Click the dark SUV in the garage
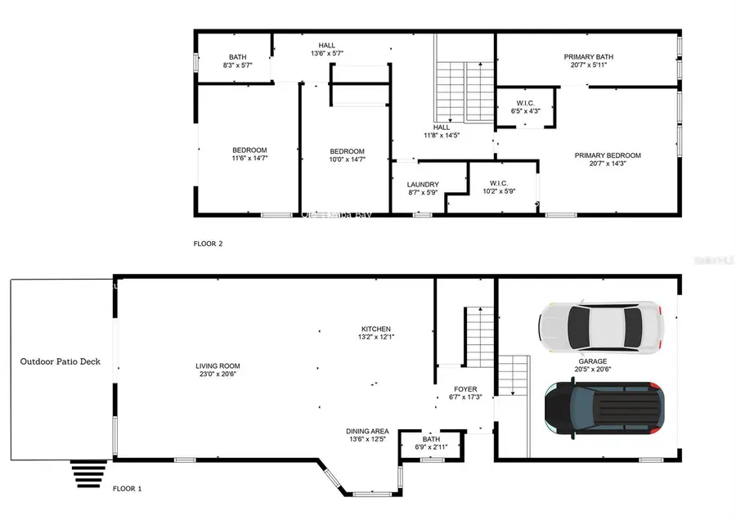[604, 407]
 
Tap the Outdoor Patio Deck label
[61, 361]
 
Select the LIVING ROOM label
[218, 366]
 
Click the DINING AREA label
[368, 431]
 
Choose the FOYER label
[465, 389]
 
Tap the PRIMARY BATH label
[588, 57]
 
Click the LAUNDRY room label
[423, 185]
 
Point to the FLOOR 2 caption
[208, 244]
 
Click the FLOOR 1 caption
[127, 489]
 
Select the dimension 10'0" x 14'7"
[347, 159]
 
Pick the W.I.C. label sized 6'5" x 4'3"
[525, 110]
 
